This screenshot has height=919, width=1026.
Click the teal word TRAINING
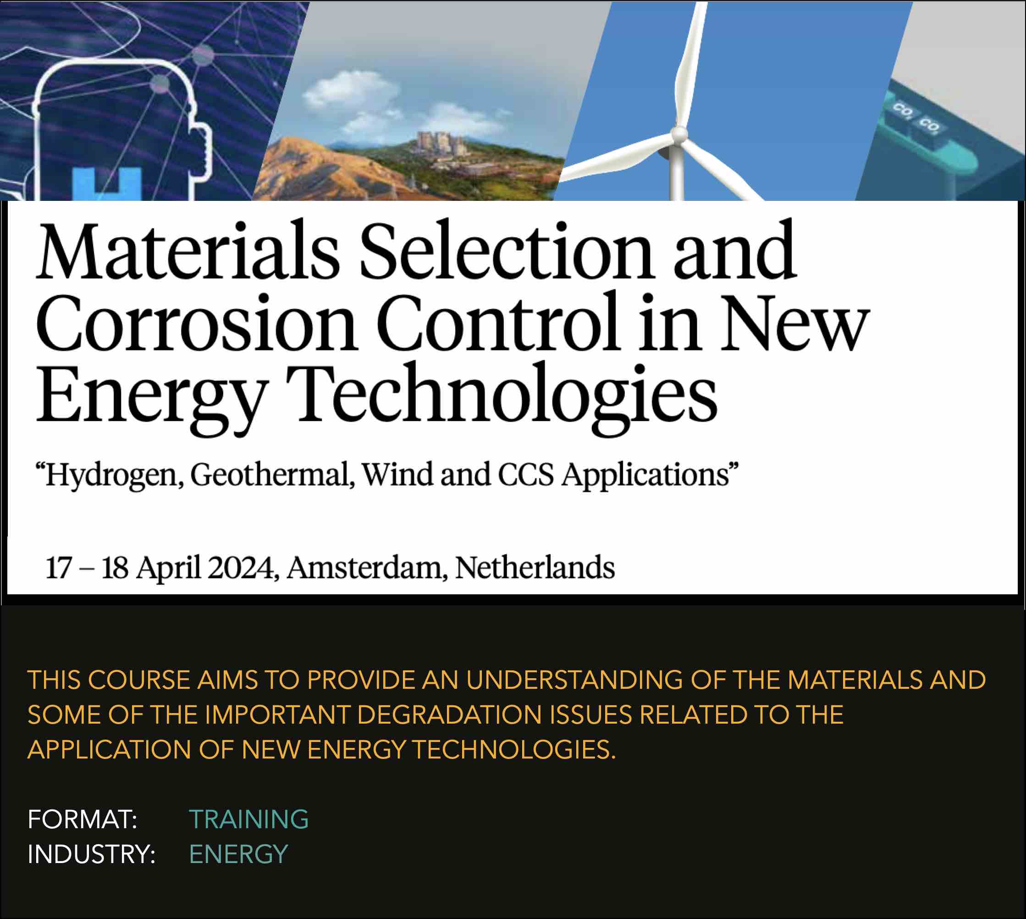pos(249,819)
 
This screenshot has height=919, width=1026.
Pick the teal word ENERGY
pos(238,854)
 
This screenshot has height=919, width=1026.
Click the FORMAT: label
pos(82,819)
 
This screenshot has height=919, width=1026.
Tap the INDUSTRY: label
pos(91,854)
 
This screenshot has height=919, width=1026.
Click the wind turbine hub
pos(679,134)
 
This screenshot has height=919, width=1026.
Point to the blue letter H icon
pos(107,184)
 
